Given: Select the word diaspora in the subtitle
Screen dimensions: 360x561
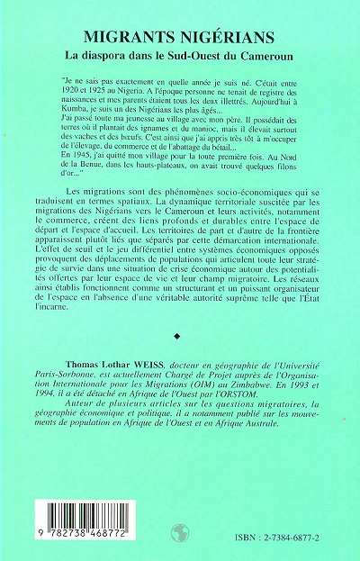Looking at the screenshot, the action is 124,54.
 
